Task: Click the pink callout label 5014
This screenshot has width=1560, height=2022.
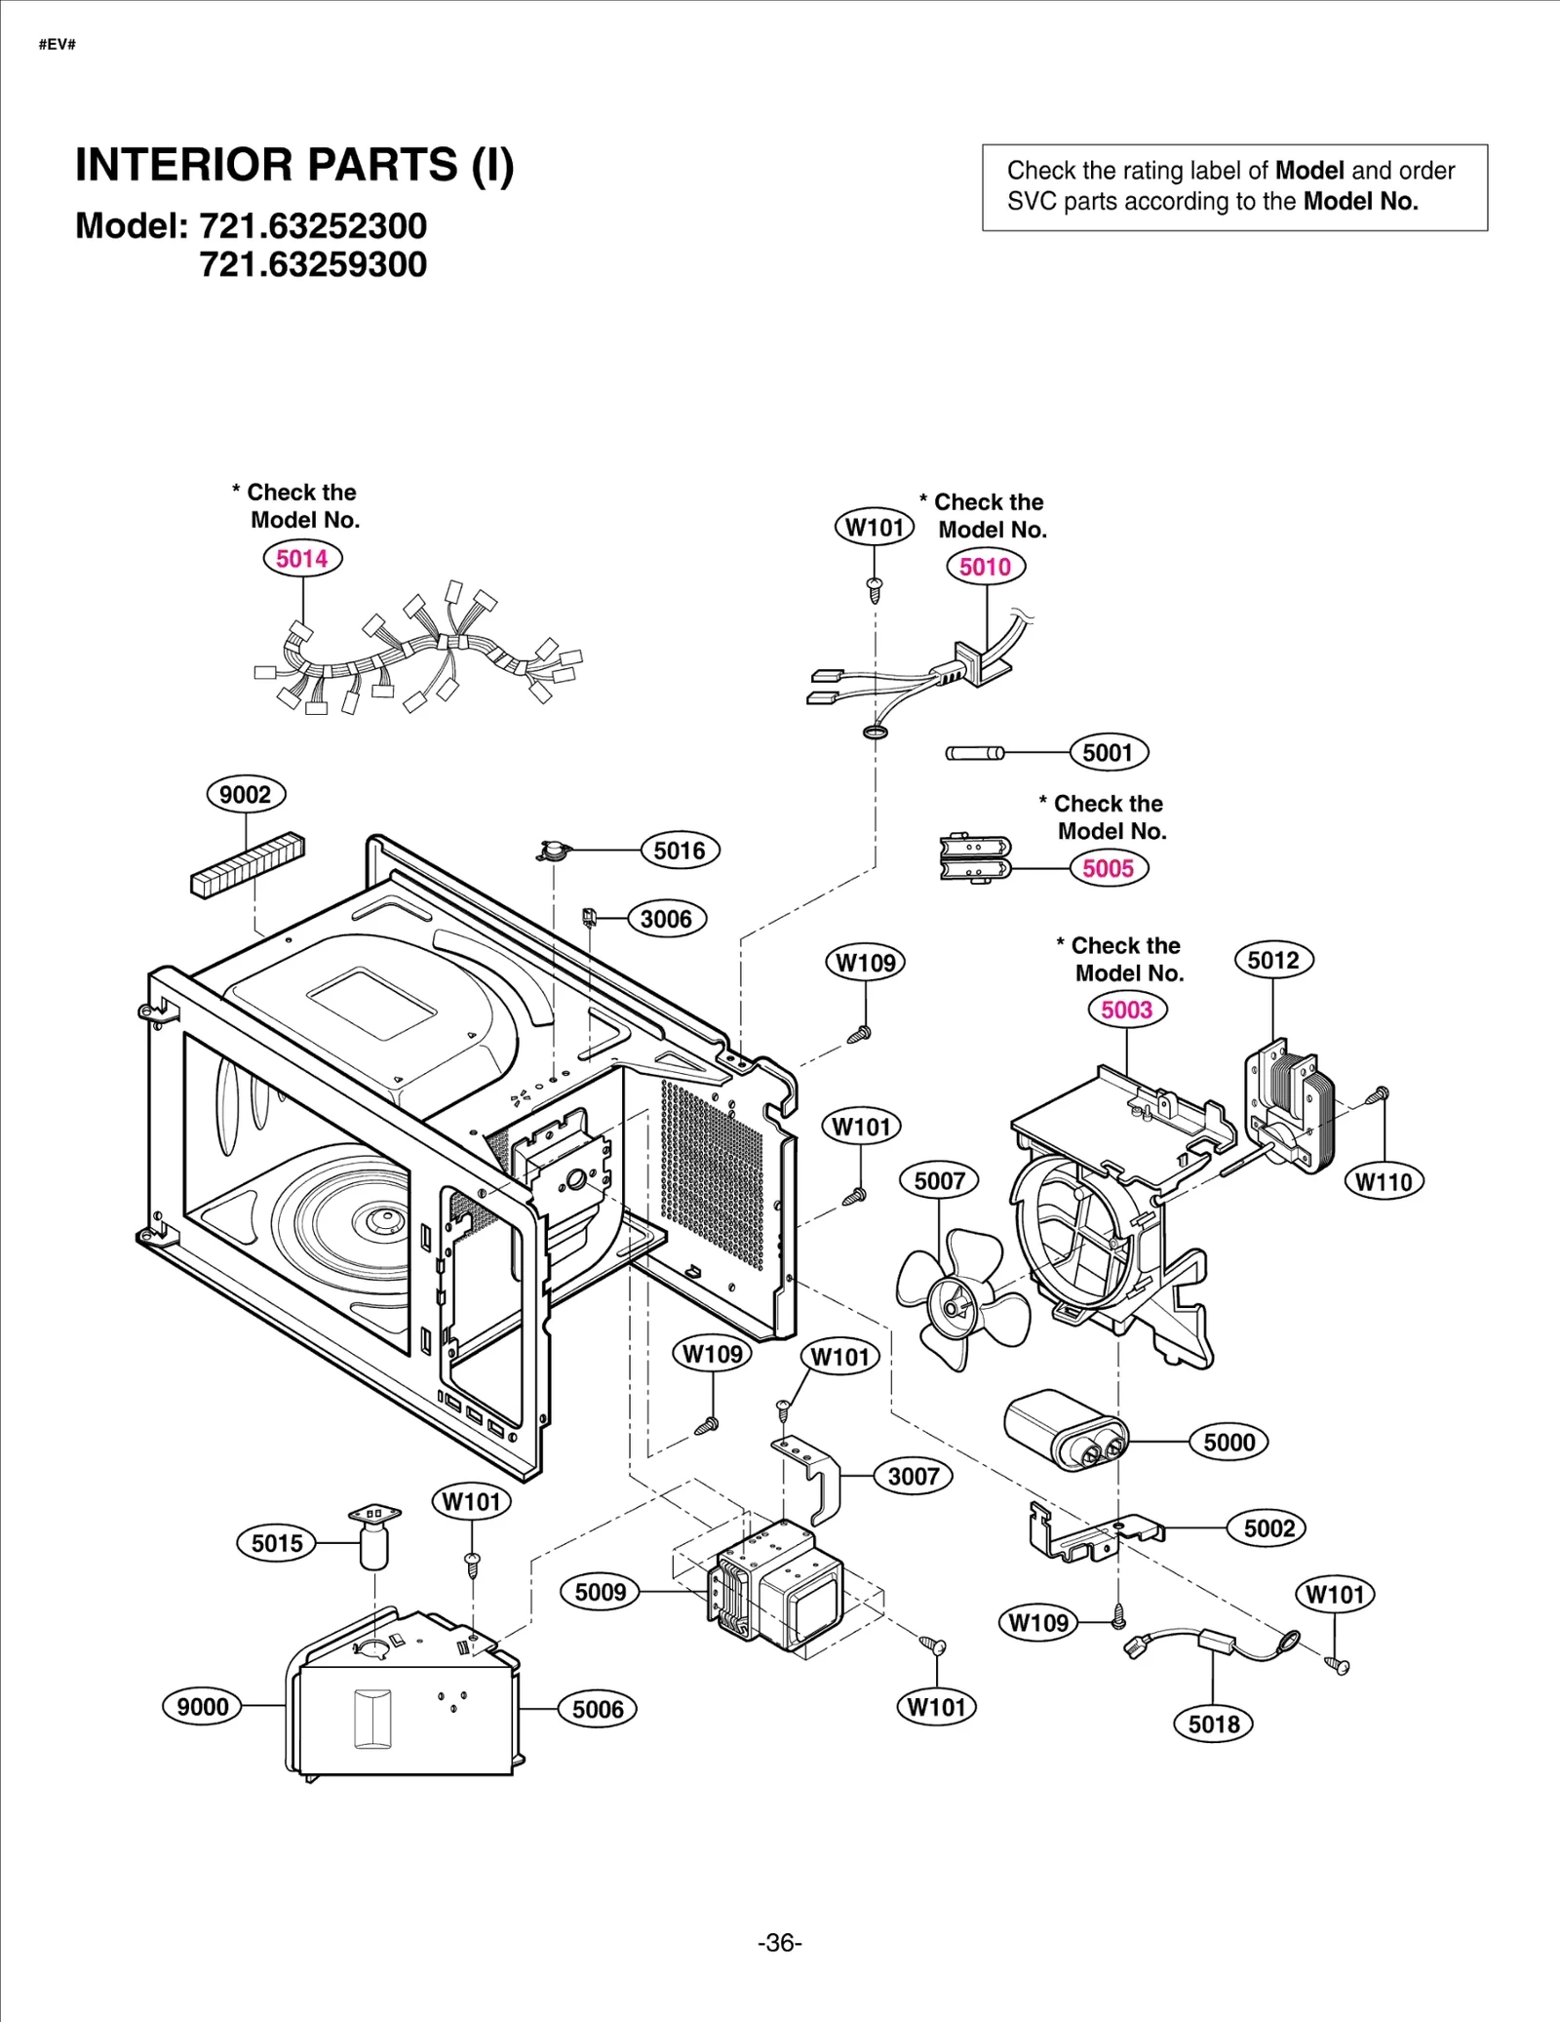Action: (302, 559)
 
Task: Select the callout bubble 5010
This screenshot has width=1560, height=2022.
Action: (985, 567)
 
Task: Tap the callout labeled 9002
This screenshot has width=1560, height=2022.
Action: (246, 794)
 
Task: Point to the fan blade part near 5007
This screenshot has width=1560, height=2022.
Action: (960, 1298)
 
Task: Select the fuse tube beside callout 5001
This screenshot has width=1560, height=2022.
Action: (974, 753)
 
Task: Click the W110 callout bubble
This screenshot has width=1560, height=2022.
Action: (1384, 1182)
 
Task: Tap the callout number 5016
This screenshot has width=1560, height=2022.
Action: (680, 851)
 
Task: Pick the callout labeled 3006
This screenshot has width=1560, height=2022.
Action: (666, 919)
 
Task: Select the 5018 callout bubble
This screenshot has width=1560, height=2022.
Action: (1213, 1724)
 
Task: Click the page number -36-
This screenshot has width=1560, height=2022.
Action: (779, 1943)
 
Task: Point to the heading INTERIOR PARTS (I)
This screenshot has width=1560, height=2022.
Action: (294, 165)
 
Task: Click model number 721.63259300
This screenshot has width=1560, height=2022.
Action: (313, 264)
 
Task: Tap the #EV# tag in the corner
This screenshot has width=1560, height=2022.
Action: (58, 45)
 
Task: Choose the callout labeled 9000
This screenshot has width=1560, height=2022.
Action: (202, 1706)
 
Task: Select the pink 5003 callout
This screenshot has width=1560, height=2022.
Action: (1126, 1010)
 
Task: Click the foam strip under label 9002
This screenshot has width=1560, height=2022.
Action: (248, 865)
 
